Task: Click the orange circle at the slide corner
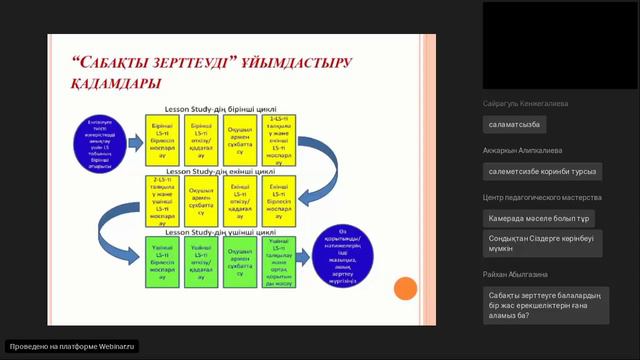point(404,290)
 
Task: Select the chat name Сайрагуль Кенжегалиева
point(525,103)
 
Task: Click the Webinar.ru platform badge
point(72,346)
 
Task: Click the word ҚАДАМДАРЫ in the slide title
point(103,83)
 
